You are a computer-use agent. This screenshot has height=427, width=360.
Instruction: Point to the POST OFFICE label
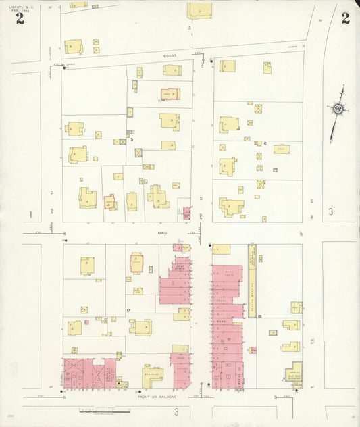click(x=180, y=268)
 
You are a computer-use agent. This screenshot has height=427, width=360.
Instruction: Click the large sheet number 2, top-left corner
click(x=20, y=18)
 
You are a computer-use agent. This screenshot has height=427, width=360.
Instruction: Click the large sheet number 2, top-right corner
click(x=345, y=18)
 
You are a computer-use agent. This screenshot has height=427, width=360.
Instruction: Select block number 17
click(x=128, y=310)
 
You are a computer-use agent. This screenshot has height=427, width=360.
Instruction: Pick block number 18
click(x=259, y=316)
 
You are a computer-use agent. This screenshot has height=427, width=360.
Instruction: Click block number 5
click(x=132, y=139)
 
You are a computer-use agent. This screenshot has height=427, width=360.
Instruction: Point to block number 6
click(x=265, y=143)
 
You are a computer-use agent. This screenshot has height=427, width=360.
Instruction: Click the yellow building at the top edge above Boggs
click(x=199, y=10)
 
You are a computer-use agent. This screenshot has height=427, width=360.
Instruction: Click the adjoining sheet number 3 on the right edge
click(x=331, y=211)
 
